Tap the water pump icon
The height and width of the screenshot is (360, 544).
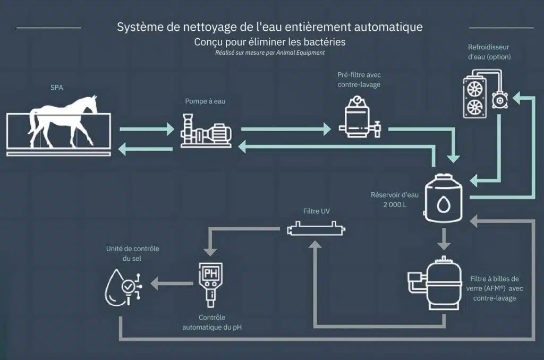(206, 133)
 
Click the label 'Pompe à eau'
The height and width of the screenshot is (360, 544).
(205, 101)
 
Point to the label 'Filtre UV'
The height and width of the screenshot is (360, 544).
(317, 211)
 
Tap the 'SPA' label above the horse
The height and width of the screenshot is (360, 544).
(57, 88)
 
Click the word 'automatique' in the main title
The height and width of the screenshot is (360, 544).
(387, 27)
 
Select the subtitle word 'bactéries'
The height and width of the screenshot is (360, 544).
(326, 41)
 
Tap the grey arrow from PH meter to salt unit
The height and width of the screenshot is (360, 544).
(169, 283)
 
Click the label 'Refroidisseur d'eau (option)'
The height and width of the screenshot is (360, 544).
(489, 52)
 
